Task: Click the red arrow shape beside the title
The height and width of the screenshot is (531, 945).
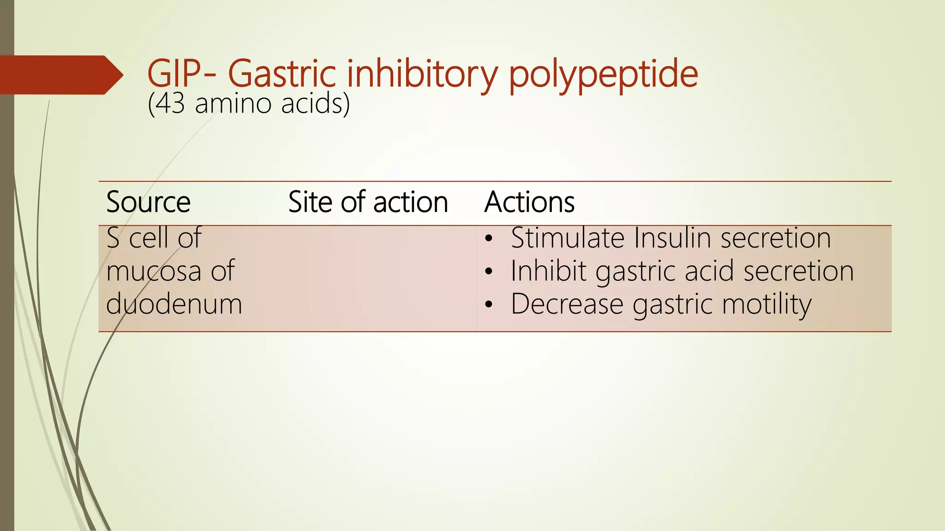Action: pyautogui.click(x=60, y=75)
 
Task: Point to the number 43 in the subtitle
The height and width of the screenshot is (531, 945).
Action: pyautogui.click(x=170, y=103)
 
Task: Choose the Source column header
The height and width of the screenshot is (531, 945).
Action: pyautogui.click(x=148, y=202)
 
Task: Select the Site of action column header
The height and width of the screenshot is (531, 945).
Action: pyautogui.click(x=368, y=202)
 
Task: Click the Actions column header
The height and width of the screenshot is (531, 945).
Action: pyautogui.click(x=529, y=202)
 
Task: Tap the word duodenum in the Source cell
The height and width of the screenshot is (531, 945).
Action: pyautogui.click(x=174, y=304)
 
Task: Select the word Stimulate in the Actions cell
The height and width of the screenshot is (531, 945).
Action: pyautogui.click(x=567, y=238)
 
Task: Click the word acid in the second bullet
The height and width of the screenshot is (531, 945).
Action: pyautogui.click(x=709, y=271)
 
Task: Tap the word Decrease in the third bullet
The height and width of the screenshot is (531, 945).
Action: pyautogui.click(x=567, y=304)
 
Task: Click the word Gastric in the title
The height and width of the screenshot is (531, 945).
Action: pyautogui.click(x=281, y=74)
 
